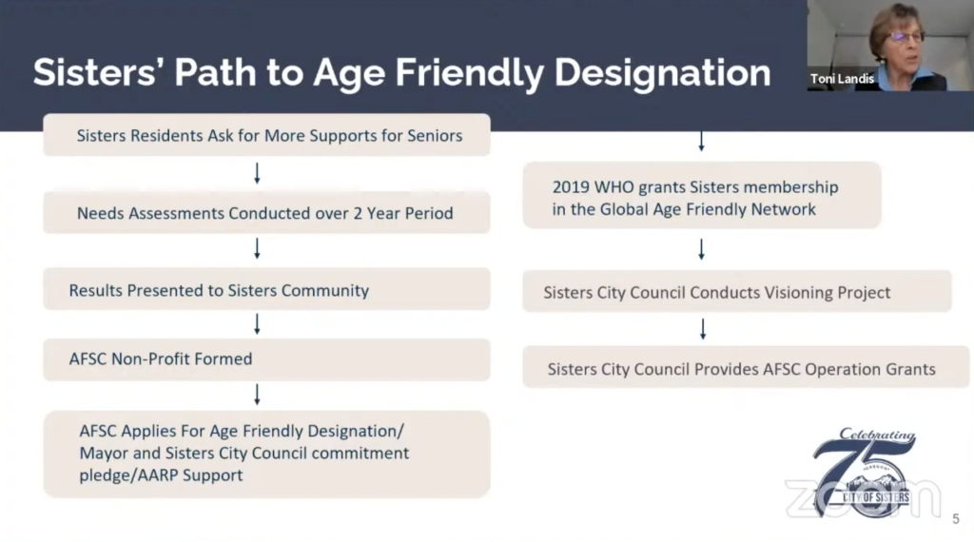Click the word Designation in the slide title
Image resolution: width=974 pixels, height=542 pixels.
pyautogui.click(x=662, y=73)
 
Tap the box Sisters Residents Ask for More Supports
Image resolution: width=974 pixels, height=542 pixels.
pyautogui.click(x=266, y=135)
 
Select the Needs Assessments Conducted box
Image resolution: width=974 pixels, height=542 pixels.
pyautogui.click(x=266, y=213)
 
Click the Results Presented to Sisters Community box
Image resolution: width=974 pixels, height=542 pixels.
pyautogui.click(x=266, y=289)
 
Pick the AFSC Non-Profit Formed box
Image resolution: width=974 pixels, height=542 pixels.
pyautogui.click(x=266, y=359)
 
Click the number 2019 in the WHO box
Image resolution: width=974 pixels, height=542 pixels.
pyautogui.click(x=571, y=187)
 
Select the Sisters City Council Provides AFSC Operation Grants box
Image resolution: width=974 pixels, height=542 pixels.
pyautogui.click(x=746, y=368)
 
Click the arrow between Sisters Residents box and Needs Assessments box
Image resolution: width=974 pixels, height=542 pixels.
pyautogui.click(x=257, y=174)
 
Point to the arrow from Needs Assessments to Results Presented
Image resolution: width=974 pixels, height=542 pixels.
pyautogui.click(x=257, y=249)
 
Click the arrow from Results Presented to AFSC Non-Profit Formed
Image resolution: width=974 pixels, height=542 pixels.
pyautogui.click(x=257, y=324)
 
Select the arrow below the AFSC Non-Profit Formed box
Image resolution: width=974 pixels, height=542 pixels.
pyautogui.click(x=257, y=395)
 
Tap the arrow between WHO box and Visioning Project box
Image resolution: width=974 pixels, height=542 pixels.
pyautogui.click(x=701, y=249)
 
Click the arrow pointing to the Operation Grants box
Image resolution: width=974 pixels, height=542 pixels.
pyautogui.click(x=703, y=329)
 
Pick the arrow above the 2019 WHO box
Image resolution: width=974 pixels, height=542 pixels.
pyautogui.click(x=701, y=142)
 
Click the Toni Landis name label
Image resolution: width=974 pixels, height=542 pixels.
pyautogui.click(x=842, y=79)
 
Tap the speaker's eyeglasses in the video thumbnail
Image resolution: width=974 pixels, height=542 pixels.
pyautogui.click(x=906, y=37)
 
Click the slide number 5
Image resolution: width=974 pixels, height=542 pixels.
pyautogui.click(x=956, y=519)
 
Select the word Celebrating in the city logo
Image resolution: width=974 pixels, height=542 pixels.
pyautogui.click(x=877, y=435)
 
